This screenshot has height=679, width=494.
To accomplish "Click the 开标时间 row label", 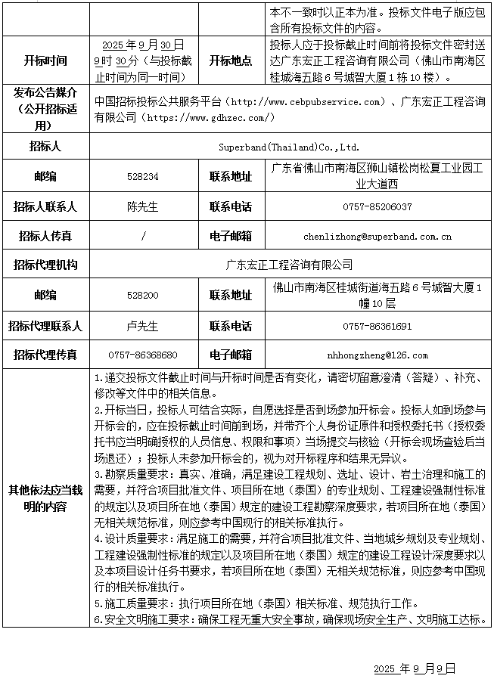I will [x=45, y=60].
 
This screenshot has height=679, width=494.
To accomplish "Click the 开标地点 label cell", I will [x=231, y=60].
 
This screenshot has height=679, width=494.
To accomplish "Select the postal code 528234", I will [x=144, y=176].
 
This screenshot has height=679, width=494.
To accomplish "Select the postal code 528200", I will [x=144, y=295].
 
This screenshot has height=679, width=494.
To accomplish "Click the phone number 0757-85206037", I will [x=377, y=206].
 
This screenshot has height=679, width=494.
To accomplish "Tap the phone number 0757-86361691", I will [x=377, y=327].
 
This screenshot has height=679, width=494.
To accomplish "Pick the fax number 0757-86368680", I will [x=144, y=355].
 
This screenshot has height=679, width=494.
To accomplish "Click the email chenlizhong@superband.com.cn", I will [x=377, y=236].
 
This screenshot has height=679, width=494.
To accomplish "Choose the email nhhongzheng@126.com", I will [x=377, y=355].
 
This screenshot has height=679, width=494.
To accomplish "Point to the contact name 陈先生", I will [x=144, y=206].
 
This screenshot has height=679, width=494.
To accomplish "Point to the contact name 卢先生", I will [x=144, y=327].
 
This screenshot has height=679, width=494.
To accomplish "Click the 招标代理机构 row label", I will [x=45, y=265].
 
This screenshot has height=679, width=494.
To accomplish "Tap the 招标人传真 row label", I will [x=45, y=236].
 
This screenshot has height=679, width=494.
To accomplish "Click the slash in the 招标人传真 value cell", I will [x=144, y=236].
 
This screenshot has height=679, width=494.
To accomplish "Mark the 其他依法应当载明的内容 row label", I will [x=45, y=498].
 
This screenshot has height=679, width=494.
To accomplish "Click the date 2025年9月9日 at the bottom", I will [x=415, y=668].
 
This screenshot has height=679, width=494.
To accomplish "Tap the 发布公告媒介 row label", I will [x=45, y=109].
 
